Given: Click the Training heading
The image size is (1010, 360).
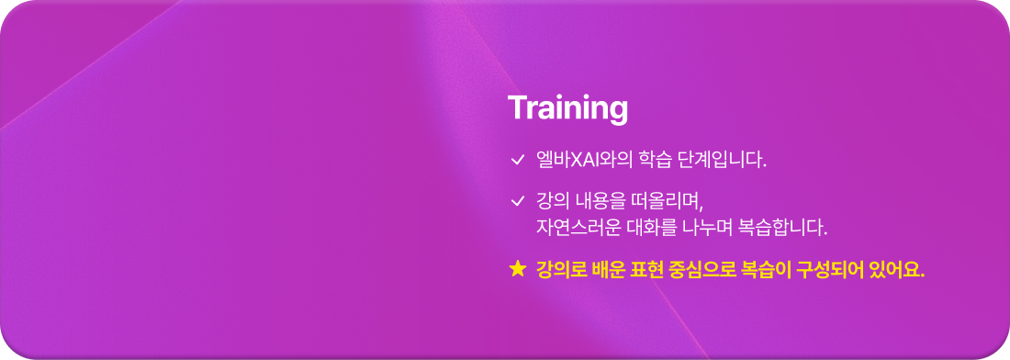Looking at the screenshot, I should pos(567,108).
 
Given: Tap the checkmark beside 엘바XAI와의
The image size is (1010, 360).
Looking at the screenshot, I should pos(517,161).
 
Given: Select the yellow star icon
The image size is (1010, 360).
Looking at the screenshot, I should pos(517,270).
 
